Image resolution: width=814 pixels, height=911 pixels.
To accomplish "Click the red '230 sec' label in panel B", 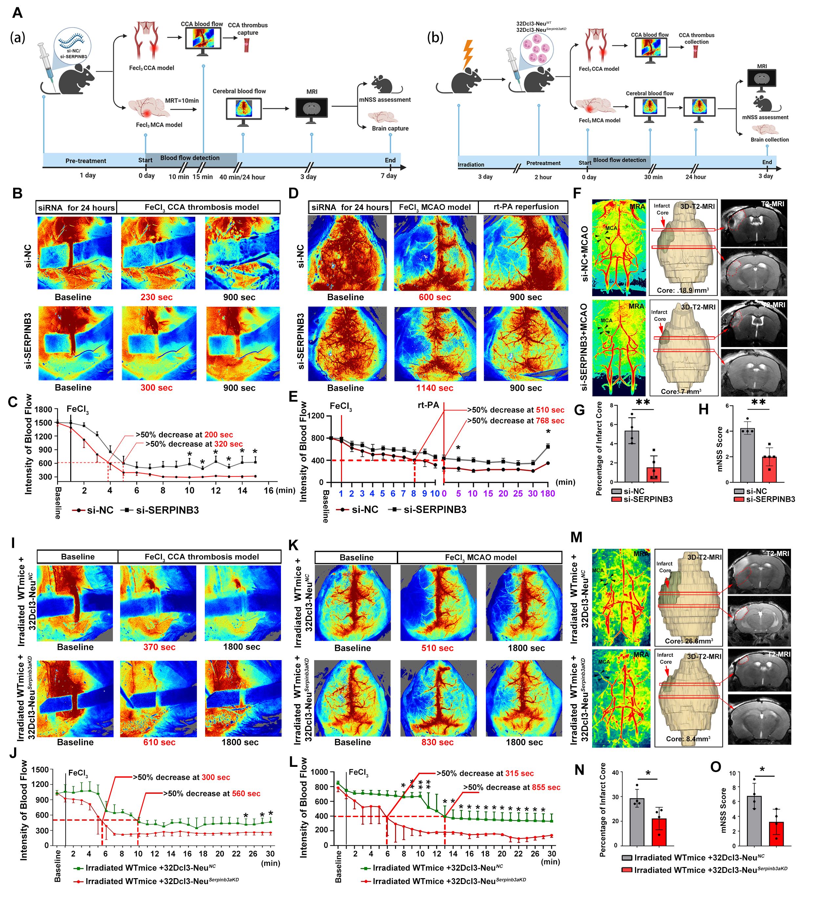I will (x=156, y=297).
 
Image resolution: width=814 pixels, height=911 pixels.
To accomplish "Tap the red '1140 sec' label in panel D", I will (x=434, y=388).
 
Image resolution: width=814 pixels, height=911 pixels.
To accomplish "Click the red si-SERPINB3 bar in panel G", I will (x=654, y=474).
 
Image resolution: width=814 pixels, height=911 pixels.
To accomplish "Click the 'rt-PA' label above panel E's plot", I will (x=428, y=405).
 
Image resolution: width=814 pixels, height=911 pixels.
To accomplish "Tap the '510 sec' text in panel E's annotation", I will (x=550, y=410).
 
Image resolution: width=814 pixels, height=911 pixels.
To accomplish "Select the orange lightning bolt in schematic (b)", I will (x=468, y=54).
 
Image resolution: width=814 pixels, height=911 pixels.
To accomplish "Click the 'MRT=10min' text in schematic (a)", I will (x=182, y=101).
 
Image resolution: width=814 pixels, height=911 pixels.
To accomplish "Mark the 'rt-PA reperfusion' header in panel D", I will (x=525, y=207).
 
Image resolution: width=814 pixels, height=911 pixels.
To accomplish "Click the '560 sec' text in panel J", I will (x=246, y=793).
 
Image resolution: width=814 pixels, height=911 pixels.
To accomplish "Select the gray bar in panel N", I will (x=637, y=822).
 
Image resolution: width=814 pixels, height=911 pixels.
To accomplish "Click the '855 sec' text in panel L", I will (x=547, y=787).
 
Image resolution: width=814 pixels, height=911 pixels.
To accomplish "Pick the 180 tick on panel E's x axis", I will (x=547, y=494).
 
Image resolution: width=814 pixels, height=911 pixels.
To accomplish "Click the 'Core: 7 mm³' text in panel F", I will (x=681, y=391).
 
